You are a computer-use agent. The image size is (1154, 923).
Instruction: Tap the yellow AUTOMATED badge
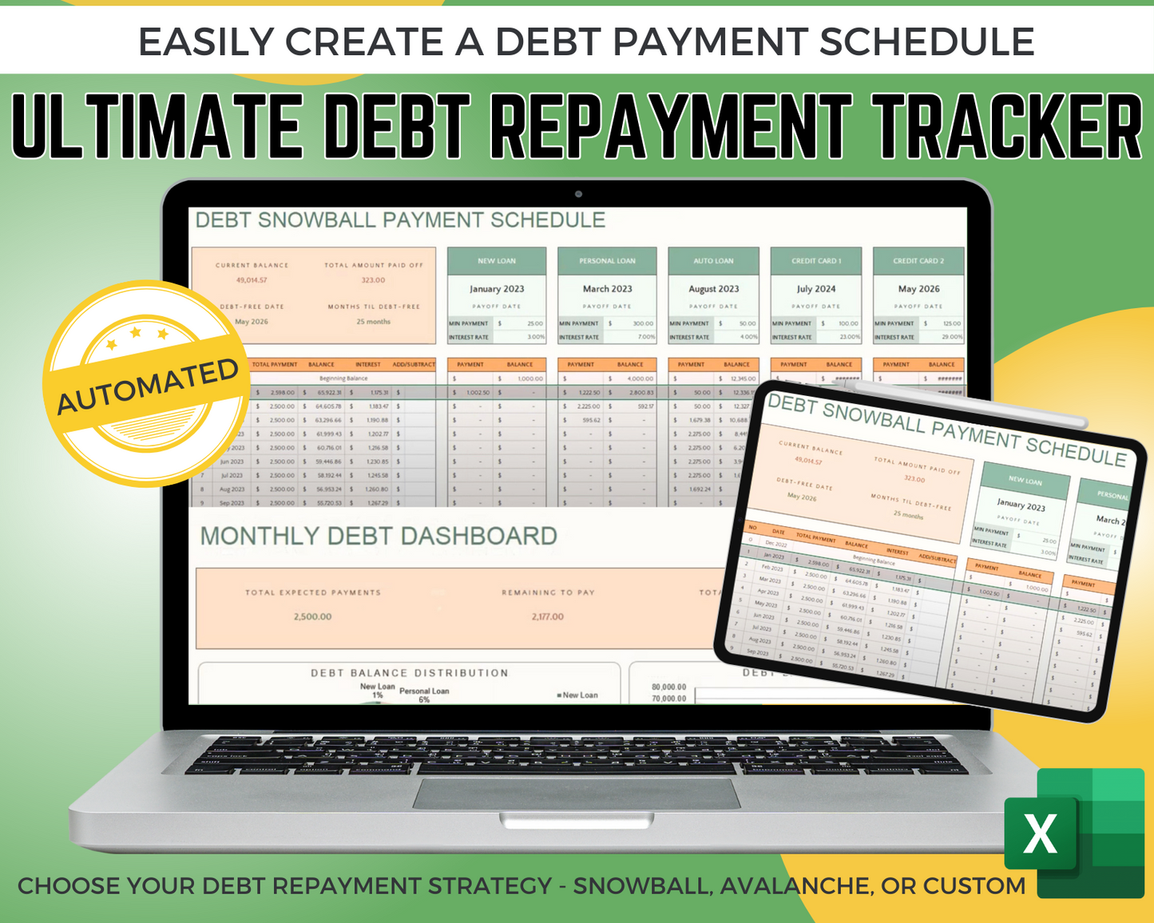(147, 384)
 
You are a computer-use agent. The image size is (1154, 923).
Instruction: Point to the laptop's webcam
(578, 194)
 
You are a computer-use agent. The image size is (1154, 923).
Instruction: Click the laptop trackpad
(576, 793)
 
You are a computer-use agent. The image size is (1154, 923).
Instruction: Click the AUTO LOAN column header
(713, 261)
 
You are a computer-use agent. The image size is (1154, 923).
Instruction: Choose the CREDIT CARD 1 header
(816, 261)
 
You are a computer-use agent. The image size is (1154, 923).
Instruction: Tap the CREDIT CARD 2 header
(918, 261)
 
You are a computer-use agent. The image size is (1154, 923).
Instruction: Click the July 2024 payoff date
(816, 289)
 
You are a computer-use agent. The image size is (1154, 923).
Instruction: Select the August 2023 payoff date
(713, 289)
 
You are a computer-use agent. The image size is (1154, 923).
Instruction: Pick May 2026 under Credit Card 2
(918, 289)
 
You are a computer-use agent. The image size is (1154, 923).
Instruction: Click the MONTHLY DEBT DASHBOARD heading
(379, 536)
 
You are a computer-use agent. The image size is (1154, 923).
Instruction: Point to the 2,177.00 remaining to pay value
(547, 616)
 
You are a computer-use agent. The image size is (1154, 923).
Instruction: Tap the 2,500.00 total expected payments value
(312, 616)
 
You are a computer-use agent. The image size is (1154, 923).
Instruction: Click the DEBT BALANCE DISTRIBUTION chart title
(409, 673)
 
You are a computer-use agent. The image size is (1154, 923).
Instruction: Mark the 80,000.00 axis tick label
(668, 687)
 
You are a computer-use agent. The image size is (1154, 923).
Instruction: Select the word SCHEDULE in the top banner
(926, 42)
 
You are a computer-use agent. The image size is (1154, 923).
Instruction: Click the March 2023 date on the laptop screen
(607, 289)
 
